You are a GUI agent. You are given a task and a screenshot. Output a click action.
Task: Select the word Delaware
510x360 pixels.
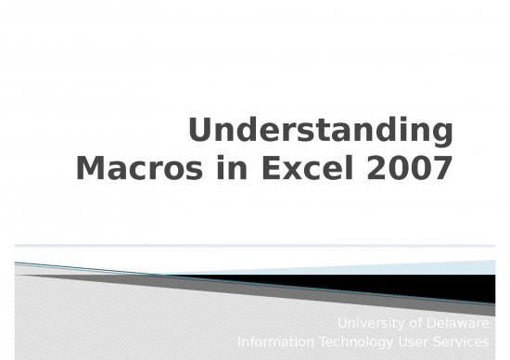(x=458, y=324)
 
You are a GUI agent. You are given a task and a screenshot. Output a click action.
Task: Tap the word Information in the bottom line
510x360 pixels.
(x=276, y=342)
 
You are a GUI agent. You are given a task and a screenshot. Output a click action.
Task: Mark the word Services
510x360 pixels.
(x=463, y=342)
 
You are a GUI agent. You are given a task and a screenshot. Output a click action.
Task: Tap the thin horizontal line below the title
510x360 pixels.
(x=255, y=246)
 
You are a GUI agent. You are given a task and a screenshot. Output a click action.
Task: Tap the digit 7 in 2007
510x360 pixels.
(x=442, y=171)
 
